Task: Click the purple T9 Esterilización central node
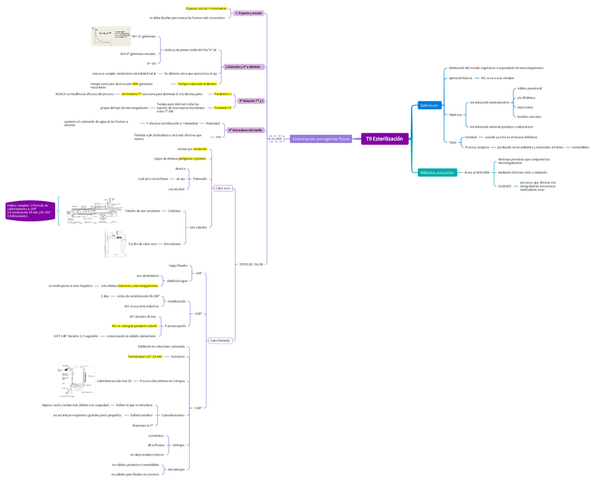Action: tap(384, 139)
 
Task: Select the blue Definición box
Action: tap(429, 105)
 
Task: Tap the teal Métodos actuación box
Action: tap(437, 172)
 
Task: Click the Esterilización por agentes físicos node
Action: tap(321, 139)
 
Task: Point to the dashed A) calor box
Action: tap(276, 139)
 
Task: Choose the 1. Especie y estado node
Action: tap(248, 13)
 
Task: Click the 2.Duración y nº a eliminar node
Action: tap(243, 67)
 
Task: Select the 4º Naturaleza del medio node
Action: tap(245, 130)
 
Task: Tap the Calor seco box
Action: tap(223, 188)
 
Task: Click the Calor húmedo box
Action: tap(220, 340)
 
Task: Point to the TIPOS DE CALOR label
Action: tap(250, 264)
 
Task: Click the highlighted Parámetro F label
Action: tap(223, 107)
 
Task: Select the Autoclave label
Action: tap(178, 356)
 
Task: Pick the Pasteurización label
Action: tap(175, 326)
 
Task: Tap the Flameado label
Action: tap(200, 178)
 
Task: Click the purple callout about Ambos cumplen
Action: tap(30, 211)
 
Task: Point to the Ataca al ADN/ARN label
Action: tap(477, 172)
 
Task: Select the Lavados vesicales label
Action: tap(529, 116)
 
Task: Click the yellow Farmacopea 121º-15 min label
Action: tap(145, 356)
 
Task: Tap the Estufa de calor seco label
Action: tap(142, 243)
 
